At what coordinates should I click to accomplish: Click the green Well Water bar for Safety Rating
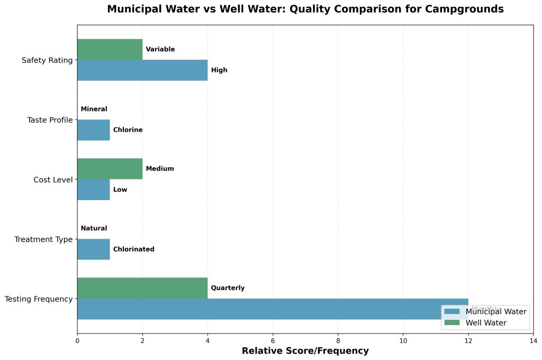pyautogui.click(x=110, y=49)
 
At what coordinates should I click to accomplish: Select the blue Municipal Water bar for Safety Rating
pyautogui.click(x=142, y=70)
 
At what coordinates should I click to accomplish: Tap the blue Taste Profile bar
pyautogui.click(x=93, y=130)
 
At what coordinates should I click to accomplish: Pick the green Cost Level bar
pyautogui.click(x=110, y=168)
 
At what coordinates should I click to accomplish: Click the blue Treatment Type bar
pyautogui.click(x=93, y=249)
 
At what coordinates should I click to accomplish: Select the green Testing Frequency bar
pyautogui.click(x=142, y=288)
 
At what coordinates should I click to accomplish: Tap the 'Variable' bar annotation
pyautogui.click(x=160, y=50)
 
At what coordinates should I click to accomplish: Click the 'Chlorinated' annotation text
pyautogui.click(x=133, y=249)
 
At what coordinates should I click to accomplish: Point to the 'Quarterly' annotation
pyautogui.click(x=228, y=289)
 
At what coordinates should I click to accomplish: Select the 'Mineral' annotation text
pyautogui.click(x=94, y=110)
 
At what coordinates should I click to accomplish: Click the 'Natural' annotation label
pyautogui.click(x=94, y=229)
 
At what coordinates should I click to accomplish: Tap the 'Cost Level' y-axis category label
pyautogui.click(x=53, y=179)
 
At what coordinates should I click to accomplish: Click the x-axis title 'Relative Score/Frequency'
pyautogui.click(x=305, y=351)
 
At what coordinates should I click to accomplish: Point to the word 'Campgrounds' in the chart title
pyautogui.click(x=466, y=9)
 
